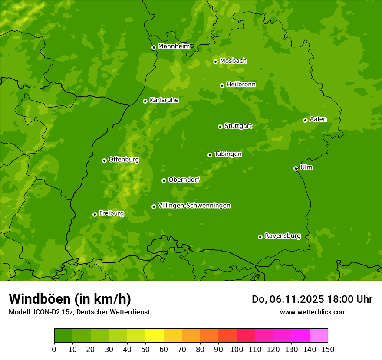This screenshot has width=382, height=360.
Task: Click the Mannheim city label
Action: tap(174, 46)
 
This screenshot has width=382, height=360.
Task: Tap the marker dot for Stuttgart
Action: tap(220, 127)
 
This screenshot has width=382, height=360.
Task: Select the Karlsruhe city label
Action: tap(164, 100)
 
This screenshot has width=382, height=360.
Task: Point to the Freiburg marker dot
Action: tap(95, 214)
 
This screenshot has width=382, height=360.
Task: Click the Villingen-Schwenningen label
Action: tap(194, 206)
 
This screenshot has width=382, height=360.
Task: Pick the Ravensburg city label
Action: tap(282, 236)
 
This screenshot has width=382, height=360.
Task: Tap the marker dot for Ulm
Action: tap(296, 168)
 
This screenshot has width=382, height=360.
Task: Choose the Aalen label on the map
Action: tap(318, 119)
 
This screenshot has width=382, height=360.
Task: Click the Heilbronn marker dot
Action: tap(222, 85)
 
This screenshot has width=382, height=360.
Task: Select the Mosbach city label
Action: tap(233, 61)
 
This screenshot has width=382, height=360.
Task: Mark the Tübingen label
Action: tap(228, 154)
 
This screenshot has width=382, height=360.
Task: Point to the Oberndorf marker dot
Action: tap(164, 180)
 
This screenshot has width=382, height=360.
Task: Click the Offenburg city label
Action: tap(124, 160)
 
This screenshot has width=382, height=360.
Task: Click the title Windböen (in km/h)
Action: tap(69, 299)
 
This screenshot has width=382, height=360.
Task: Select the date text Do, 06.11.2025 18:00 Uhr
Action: tap(312, 299)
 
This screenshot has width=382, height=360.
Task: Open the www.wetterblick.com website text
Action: tap(313, 312)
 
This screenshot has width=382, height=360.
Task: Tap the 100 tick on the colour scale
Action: tap(237, 349)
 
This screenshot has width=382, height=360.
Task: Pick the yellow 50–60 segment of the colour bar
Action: tap(155, 336)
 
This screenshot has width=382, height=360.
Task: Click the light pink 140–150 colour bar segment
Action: tap(319, 336)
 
